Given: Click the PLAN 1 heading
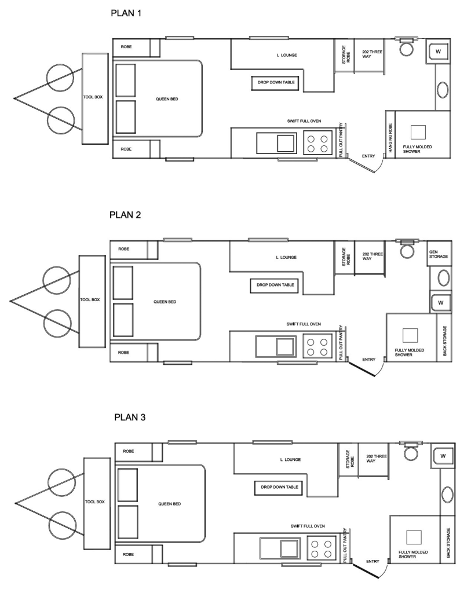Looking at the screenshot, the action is (x=126, y=13).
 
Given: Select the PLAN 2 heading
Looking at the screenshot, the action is (x=125, y=215).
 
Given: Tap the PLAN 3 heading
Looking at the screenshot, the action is (x=130, y=417).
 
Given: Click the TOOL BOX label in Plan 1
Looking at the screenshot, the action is (x=93, y=97).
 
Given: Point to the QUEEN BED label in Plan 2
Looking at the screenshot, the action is (x=165, y=302).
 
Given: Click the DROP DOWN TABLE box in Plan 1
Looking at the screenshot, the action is (x=276, y=83).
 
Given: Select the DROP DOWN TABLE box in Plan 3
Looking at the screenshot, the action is (x=279, y=488).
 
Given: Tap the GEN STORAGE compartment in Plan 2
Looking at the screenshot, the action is (x=439, y=254).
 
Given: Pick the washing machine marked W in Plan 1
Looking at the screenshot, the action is (x=438, y=52).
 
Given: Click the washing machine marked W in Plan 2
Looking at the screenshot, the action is (x=441, y=302).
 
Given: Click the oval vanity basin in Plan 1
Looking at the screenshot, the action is (x=443, y=90).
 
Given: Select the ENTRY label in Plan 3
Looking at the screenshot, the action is (x=373, y=562).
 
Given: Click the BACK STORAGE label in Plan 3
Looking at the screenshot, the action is (x=448, y=543).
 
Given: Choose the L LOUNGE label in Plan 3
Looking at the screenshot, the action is (x=291, y=459).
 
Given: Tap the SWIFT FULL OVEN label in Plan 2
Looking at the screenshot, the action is (x=304, y=324).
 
